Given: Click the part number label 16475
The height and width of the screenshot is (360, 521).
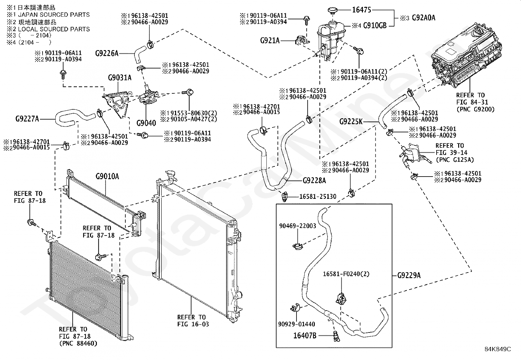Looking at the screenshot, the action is tap(362, 10).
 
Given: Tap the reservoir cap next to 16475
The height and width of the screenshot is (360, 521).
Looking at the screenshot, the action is tap(332, 11).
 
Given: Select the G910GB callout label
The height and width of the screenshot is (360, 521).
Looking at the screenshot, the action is tap(375, 25).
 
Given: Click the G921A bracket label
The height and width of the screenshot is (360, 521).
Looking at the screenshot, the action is tap(270, 41).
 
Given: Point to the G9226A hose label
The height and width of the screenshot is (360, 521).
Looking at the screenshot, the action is tap(107, 53).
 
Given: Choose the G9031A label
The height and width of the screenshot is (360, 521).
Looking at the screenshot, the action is tap(119, 78).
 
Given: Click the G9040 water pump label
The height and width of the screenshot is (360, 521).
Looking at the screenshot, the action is tap(146, 123).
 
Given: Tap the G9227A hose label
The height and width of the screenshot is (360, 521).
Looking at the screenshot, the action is tap(27, 119).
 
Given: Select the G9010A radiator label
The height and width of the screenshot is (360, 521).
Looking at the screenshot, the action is tap(107, 177).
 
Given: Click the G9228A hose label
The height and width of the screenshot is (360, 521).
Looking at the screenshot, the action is tap(314, 180).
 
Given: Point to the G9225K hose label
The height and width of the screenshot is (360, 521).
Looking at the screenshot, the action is tap(351, 122).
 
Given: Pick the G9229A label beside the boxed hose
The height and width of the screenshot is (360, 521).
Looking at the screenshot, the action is tap(409, 275).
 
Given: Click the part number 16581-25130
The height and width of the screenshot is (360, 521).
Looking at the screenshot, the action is tap(318, 197).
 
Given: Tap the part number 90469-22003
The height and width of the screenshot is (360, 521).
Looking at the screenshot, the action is tap(297, 226).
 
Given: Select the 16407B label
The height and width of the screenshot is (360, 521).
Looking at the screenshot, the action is tap(305, 335).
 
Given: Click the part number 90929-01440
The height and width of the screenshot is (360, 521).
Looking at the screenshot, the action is tap(296, 324).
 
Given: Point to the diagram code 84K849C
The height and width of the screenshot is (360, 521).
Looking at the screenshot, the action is tap(498, 349).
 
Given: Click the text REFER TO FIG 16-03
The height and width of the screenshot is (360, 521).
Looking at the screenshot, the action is tap(193, 321).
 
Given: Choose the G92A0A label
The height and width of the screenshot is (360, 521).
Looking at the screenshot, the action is tap(423, 18).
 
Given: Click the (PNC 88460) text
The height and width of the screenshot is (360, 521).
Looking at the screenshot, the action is tap(78, 344).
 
